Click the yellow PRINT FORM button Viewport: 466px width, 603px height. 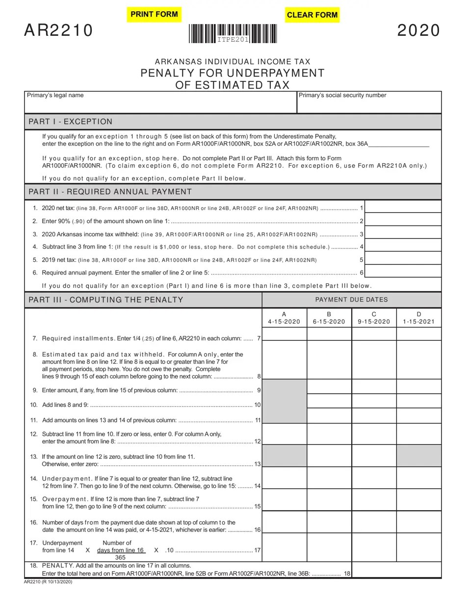(x=154, y=14)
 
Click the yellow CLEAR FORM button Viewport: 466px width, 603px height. (x=312, y=15)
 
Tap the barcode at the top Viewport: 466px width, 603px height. (x=233, y=34)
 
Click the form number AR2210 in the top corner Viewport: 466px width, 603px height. (x=58, y=30)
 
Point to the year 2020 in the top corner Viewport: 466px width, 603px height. (x=418, y=30)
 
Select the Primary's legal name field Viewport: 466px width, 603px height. (x=160, y=103)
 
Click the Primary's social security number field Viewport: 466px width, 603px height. (x=369, y=103)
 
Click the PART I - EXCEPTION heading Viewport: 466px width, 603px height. (x=71, y=122)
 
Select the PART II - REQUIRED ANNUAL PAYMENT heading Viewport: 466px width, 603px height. (x=110, y=192)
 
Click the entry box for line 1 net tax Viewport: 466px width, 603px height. (x=403, y=208)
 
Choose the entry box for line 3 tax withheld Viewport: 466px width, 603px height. (x=403, y=234)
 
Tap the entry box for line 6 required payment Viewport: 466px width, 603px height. (x=403, y=272)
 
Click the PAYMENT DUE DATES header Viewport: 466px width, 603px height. (x=351, y=300)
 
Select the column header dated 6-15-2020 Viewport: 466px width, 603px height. (x=329, y=318)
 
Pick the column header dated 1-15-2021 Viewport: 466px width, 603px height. (x=418, y=318)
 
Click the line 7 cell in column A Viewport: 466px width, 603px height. (x=285, y=334)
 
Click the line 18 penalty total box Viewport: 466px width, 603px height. (x=396, y=570)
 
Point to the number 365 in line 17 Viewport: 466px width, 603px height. (x=120, y=557)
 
